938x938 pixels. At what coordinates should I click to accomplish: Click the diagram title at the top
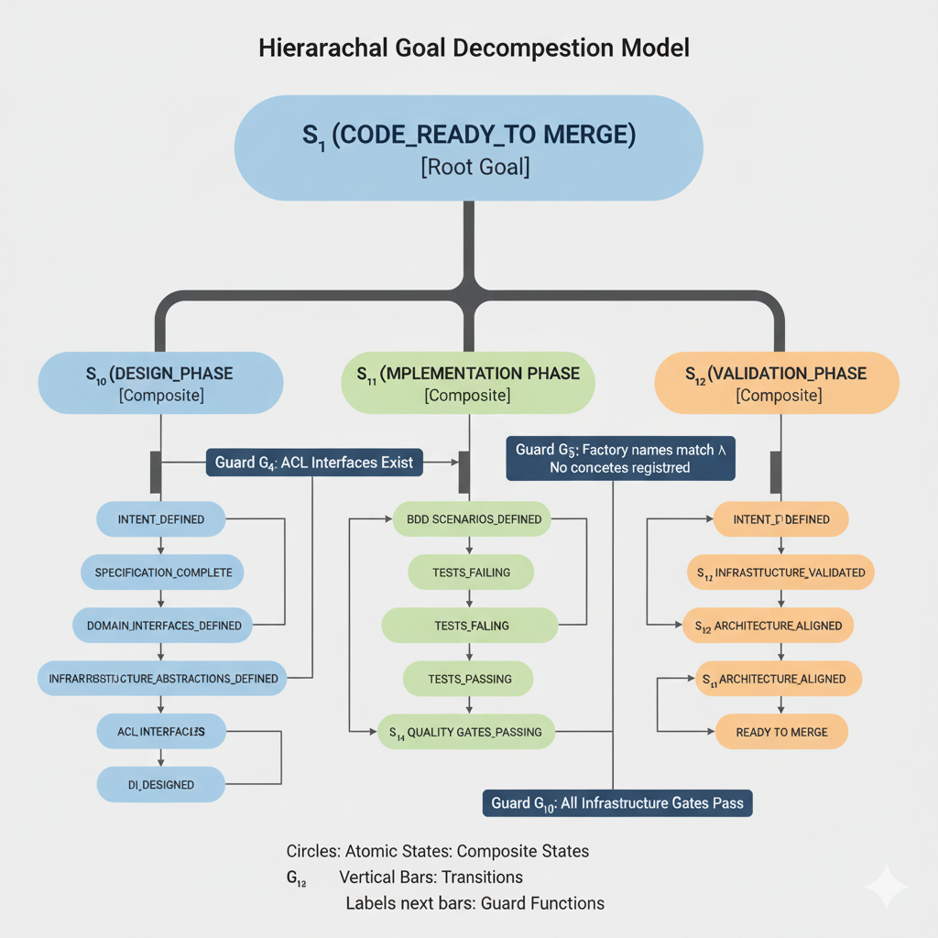[x=468, y=49]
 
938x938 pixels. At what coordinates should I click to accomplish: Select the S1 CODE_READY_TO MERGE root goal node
[x=468, y=147]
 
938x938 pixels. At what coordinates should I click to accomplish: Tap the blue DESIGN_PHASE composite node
[x=160, y=384]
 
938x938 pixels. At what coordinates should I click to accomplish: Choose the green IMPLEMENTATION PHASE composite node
[x=468, y=384]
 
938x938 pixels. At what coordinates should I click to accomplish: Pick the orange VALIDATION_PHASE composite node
[x=777, y=384]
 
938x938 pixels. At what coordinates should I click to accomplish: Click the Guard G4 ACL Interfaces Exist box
[x=314, y=463]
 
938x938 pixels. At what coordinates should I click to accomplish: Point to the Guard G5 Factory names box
[x=620, y=458]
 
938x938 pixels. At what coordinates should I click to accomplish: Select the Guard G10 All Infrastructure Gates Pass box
[x=616, y=802]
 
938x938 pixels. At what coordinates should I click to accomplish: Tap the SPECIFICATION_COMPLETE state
[x=163, y=573]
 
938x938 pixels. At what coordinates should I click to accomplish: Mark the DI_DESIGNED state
[x=161, y=784]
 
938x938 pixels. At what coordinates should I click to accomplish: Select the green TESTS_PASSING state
[x=469, y=679]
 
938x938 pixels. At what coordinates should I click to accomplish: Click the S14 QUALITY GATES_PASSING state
[x=465, y=732]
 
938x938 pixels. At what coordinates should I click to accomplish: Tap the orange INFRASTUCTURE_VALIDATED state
[x=780, y=573]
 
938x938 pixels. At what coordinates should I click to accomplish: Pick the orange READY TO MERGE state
[x=781, y=732]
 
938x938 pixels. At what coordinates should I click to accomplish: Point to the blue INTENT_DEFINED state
[x=161, y=519]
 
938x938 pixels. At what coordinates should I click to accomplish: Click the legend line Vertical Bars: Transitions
[x=431, y=877]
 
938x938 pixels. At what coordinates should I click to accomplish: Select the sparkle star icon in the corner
[x=886, y=887]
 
